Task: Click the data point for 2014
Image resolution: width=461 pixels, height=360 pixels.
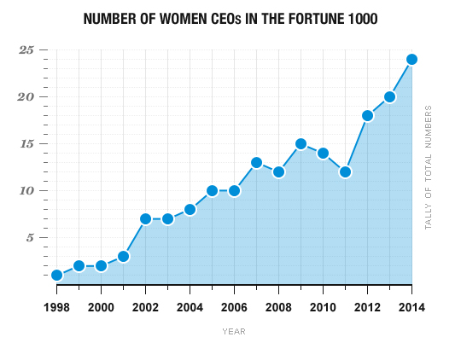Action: [x=411, y=59]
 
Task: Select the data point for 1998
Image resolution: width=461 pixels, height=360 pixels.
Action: [x=56, y=276]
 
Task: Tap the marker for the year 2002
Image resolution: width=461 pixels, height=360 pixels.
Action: [x=145, y=219]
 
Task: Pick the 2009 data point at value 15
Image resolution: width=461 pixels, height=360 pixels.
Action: [x=301, y=144]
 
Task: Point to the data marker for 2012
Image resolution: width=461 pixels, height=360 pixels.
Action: [x=367, y=116]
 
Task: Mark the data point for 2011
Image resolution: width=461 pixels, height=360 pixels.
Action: [x=345, y=172]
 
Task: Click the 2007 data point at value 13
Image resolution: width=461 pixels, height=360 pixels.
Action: [x=256, y=162]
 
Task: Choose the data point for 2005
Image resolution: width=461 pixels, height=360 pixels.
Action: [x=212, y=190]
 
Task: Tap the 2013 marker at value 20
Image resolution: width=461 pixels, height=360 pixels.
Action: [x=389, y=96]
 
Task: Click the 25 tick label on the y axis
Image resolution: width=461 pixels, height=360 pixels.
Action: [x=26, y=50]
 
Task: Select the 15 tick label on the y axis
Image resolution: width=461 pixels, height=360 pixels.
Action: [x=26, y=144]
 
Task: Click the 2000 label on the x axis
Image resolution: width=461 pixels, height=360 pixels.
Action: [x=101, y=306]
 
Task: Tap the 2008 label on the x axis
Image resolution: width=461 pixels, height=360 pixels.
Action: [x=278, y=306]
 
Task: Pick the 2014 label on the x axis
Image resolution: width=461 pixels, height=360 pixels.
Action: [x=411, y=306]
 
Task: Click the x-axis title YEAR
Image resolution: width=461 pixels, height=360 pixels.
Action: [x=234, y=331]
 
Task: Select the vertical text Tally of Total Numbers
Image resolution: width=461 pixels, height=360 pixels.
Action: [x=429, y=167]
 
